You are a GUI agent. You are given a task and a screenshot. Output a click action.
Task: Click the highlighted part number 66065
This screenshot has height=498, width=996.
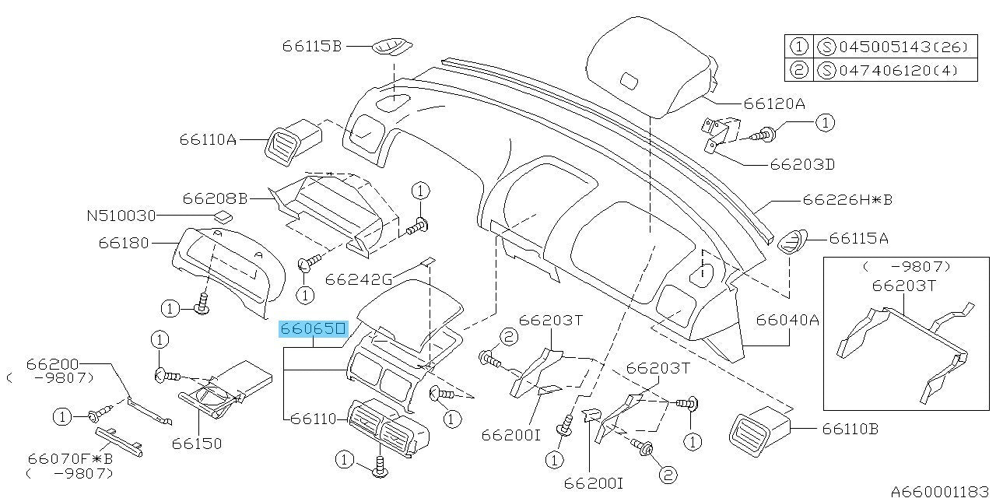(313, 330)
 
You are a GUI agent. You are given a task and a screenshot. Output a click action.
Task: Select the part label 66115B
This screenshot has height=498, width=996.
(312, 46)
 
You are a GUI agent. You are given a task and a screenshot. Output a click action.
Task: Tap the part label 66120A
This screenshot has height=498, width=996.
(774, 103)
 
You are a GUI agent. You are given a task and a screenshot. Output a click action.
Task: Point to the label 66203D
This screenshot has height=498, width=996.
(801, 165)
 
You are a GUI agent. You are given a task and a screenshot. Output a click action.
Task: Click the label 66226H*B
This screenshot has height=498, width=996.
(847, 200)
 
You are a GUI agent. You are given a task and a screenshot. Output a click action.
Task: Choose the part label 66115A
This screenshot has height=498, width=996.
(860, 239)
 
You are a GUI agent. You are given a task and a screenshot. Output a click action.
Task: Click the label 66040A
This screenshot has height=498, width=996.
(786, 318)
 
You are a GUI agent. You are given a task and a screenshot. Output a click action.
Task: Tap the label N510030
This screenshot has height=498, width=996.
(121, 215)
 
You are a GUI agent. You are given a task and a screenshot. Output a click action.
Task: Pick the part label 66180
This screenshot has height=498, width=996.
(124, 243)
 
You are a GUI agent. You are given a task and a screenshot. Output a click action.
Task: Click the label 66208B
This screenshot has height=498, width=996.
(215, 198)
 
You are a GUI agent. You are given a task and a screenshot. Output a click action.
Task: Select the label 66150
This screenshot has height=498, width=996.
(197, 444)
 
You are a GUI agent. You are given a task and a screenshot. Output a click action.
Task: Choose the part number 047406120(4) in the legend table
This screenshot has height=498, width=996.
(897, 70)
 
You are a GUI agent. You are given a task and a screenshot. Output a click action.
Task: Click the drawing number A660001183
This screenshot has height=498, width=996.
(942, 491)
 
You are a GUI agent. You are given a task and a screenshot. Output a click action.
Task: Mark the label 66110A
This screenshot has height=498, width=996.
(207, 140)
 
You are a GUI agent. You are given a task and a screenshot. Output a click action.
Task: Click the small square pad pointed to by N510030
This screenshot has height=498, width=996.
(222, 216)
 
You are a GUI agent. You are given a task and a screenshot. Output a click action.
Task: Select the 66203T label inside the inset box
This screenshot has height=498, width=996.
(903, 286)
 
